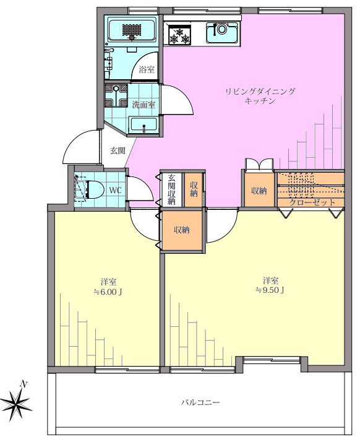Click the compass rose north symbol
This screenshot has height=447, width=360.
pyautogui.click(x=18, y=404)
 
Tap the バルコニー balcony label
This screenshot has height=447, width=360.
pyautogui.click(x=200, y=402)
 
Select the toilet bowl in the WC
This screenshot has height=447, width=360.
pyautogui.click(x=95, y=189)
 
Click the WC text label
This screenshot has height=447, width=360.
pyautogui.click(x=115, y=190)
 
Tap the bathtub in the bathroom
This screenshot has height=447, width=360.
pyautogui.click(x=131, y=30)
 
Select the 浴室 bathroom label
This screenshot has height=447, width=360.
pyautogui.click(x=147, y=69)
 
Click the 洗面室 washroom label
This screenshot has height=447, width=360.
pyautogui.click(x=144, y=105)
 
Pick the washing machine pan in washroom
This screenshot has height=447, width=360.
pyautogui.click(x=116, y=95)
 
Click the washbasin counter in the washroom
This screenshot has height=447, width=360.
pyautogui.click(x=143, y=125)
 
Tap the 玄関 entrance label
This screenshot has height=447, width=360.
pyautogui.click(x=118, y=150)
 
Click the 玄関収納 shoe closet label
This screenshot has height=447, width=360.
pyautogui.click(x=171, y=189)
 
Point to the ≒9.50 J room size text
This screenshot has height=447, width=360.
pyautogui.click(x=270, y=290)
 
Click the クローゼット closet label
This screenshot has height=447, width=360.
pyautogui.click(x=312, y=202)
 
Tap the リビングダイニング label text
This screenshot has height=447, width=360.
pyautogui.click(x=260, y=92)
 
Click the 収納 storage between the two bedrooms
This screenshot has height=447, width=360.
pyautogui.click(x=182, y=230)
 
